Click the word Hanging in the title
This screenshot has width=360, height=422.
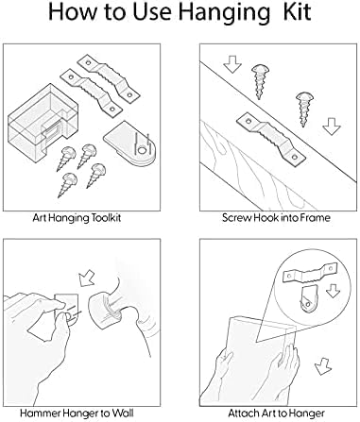point(224,13)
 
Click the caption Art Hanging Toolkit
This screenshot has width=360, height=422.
point(77,218)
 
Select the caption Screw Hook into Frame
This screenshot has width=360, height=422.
point(276,217)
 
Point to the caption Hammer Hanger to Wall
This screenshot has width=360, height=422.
point(77,413)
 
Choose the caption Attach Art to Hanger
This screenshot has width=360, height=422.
point(276,413)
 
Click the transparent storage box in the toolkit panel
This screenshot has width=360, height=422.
point(43,121)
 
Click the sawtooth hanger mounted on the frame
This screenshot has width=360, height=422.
point(271,138)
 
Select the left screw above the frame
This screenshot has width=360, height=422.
point(260,81)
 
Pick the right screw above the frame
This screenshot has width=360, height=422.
point(303,109)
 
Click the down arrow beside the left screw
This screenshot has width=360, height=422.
point(232,64)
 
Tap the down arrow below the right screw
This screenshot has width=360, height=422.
point(332,127)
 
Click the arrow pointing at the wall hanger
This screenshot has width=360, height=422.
point(87,277)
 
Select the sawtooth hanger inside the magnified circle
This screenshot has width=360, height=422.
point(310,273)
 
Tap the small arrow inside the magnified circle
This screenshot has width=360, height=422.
point(333,291)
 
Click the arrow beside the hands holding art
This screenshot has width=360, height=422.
point(322,366)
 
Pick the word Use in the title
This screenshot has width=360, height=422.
point(152,11)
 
